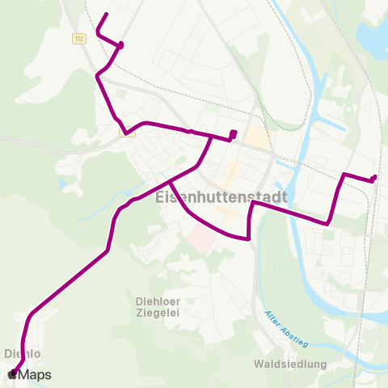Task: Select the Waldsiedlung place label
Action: tap(290, 364)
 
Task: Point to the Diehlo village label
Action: tap(23, 353)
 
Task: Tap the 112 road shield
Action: tap(78, 37)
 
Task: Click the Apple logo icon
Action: tap(12, 375)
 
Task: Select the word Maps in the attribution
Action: tap(36, 375)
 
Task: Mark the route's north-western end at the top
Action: tap(107, 14)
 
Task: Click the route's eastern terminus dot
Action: tap(373, 179)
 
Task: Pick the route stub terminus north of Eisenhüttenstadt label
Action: tap(233, 133)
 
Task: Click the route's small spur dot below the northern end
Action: tap(120, 44)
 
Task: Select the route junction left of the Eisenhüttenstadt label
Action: tap(170, 182)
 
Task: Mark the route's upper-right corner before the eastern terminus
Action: tap(345, 174)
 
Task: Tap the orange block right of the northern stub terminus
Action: tap(257, 137)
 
